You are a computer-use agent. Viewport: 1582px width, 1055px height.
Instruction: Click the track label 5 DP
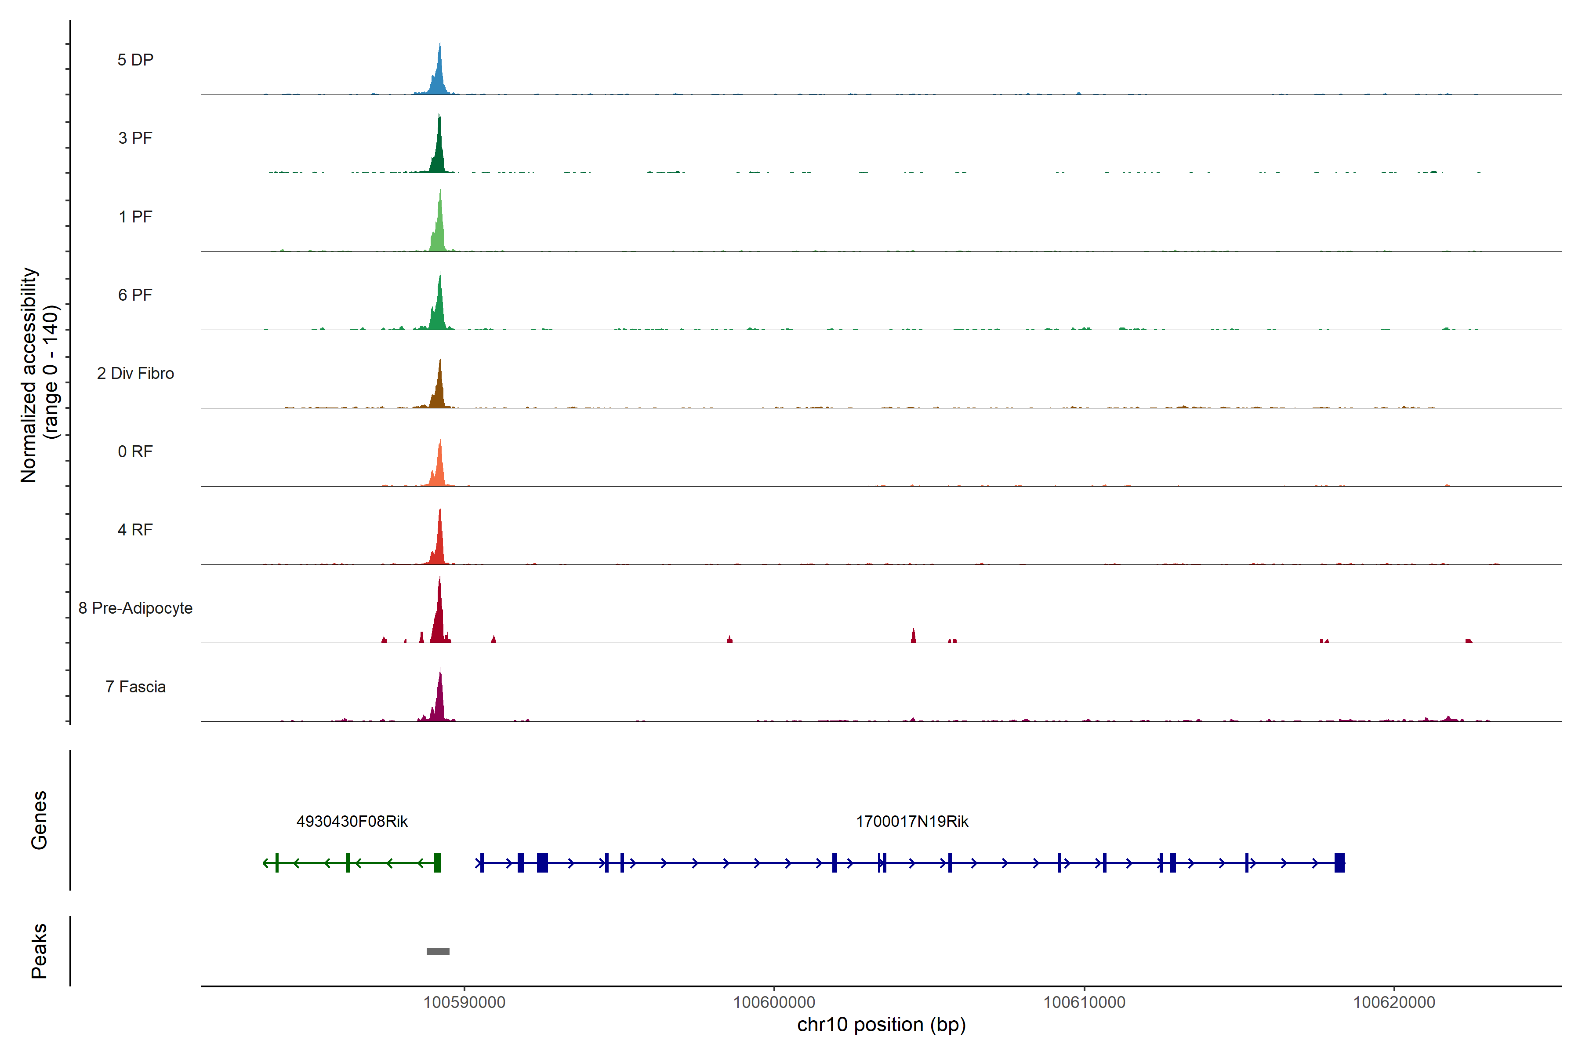click(x=135, y=60)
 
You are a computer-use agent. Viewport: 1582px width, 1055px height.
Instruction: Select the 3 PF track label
click(x=135, y=138)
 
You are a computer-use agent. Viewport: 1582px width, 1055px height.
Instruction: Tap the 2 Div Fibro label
click(x=135, y=373)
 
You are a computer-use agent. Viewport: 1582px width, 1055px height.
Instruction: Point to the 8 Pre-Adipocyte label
click(x=135, y=608)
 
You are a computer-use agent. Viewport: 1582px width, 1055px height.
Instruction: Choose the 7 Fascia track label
click(x=135, y=687)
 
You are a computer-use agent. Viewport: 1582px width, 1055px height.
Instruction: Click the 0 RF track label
click(x=135, y=451)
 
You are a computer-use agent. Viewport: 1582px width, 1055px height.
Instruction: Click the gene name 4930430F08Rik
click(x=352, y=822)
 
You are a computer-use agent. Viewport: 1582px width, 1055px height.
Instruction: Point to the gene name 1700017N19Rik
click(x=912, y=822)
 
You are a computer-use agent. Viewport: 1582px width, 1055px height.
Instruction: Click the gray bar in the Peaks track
click(x=438, y=951)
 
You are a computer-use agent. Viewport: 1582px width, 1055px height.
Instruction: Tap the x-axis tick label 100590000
click(x=464, y=1003)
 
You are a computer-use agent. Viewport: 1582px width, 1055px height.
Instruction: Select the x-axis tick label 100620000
click(x=1393, y=1003)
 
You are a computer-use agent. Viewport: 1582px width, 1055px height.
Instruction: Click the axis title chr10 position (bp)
click(x=881, y=1025)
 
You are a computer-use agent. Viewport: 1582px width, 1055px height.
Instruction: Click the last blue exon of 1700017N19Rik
click(x=1339, y=862)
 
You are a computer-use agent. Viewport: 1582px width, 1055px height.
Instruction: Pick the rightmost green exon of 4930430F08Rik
click(x=438, y=862)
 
